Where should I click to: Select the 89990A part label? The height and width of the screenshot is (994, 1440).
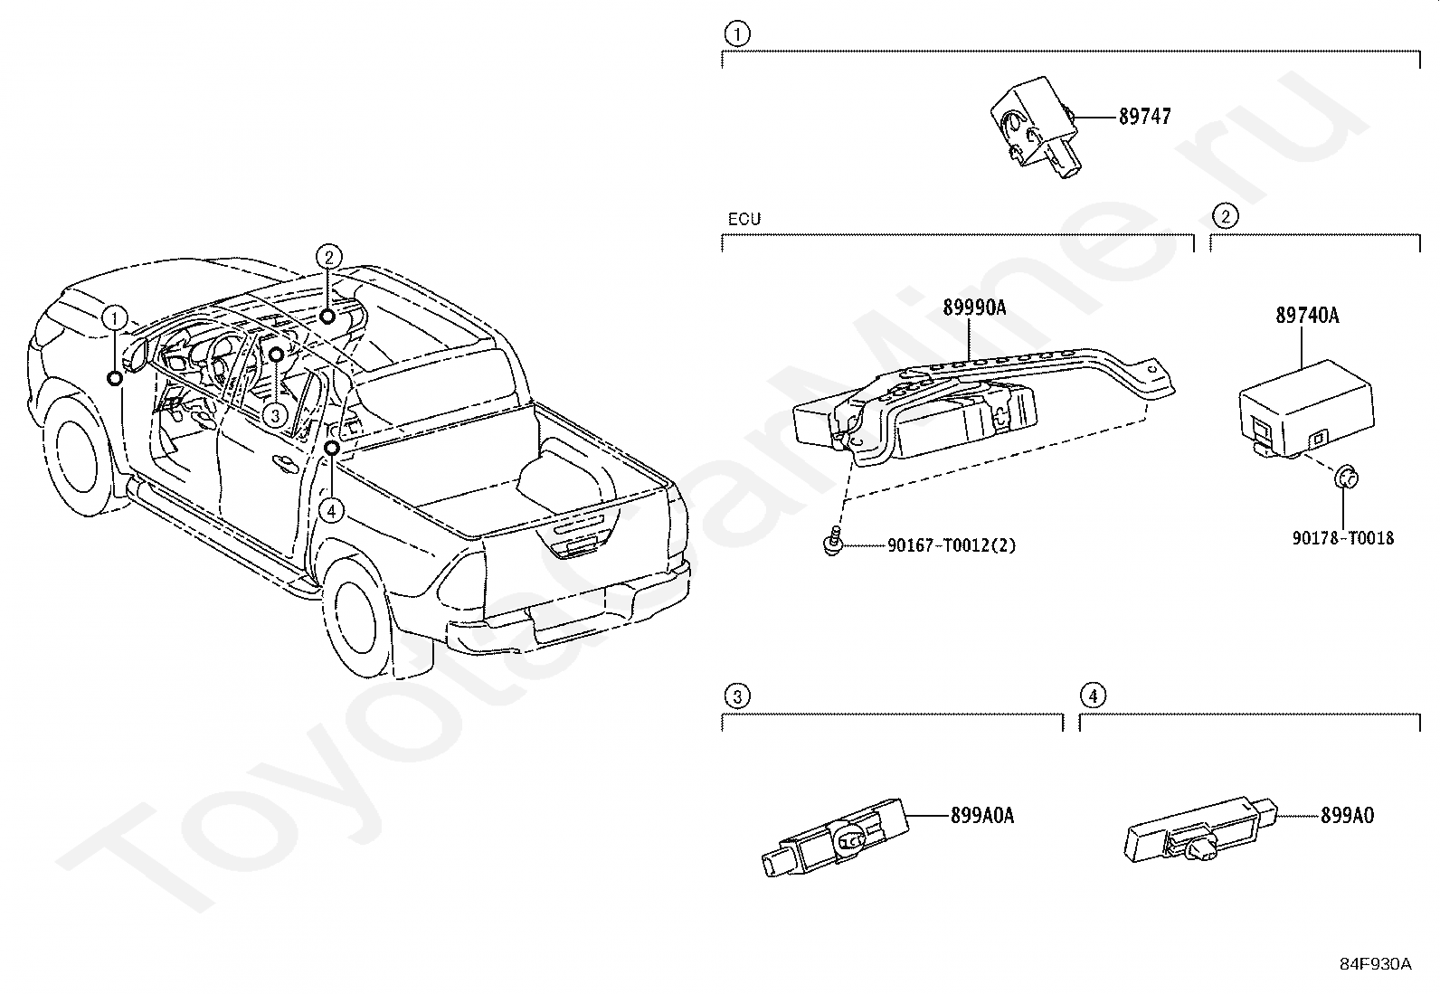tap(974, 308)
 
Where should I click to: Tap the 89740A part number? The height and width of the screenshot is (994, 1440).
tap(1307, 316)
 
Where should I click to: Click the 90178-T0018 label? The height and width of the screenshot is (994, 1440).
tap(1342, 538)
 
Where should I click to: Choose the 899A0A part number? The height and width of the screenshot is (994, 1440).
tap(981, 815)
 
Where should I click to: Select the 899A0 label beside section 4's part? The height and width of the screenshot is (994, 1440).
tap(1347, 815)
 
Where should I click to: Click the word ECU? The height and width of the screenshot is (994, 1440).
tap(744, 219)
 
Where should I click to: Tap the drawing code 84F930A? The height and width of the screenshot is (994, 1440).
tap(1375, 964)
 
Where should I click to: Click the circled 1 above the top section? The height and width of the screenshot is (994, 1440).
tap(737, 34)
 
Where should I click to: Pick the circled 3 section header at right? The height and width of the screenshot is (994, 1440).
tap(737, 696)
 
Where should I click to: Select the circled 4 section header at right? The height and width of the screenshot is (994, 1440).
tap(1094, 696)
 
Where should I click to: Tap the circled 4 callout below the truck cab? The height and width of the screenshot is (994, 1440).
tap(332, 511)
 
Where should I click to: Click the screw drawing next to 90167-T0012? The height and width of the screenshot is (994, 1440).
tap(832, 543)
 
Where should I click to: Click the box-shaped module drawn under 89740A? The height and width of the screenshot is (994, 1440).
tap(1303, 412)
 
